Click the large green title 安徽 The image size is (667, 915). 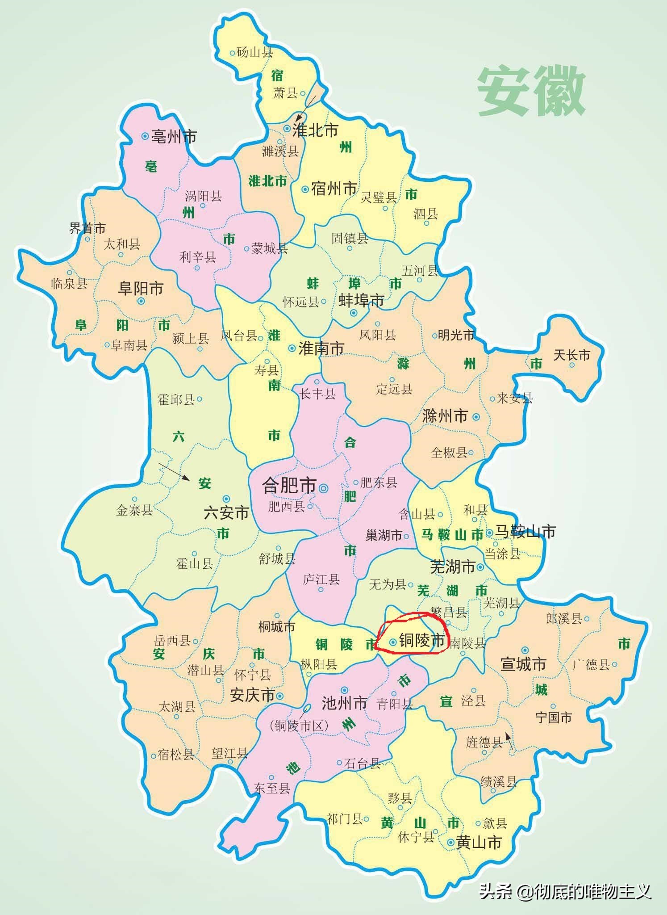(531, 92)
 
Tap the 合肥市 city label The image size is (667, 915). (289, 485)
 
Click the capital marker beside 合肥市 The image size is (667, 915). (324, 487)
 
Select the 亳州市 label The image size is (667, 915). (174, 136)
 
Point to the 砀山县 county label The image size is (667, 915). (254, 53)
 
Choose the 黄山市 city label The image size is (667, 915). (479, 842)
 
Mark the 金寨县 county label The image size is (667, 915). (134, 510)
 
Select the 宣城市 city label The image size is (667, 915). (523, 664)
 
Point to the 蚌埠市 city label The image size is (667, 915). (361, 301)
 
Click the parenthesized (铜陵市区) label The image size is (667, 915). (299, 726)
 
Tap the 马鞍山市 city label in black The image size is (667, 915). (525, 532)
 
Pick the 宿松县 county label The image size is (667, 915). (176, 755)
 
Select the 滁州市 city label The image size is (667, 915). (445, 416)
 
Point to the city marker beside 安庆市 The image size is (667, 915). (279, 696)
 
